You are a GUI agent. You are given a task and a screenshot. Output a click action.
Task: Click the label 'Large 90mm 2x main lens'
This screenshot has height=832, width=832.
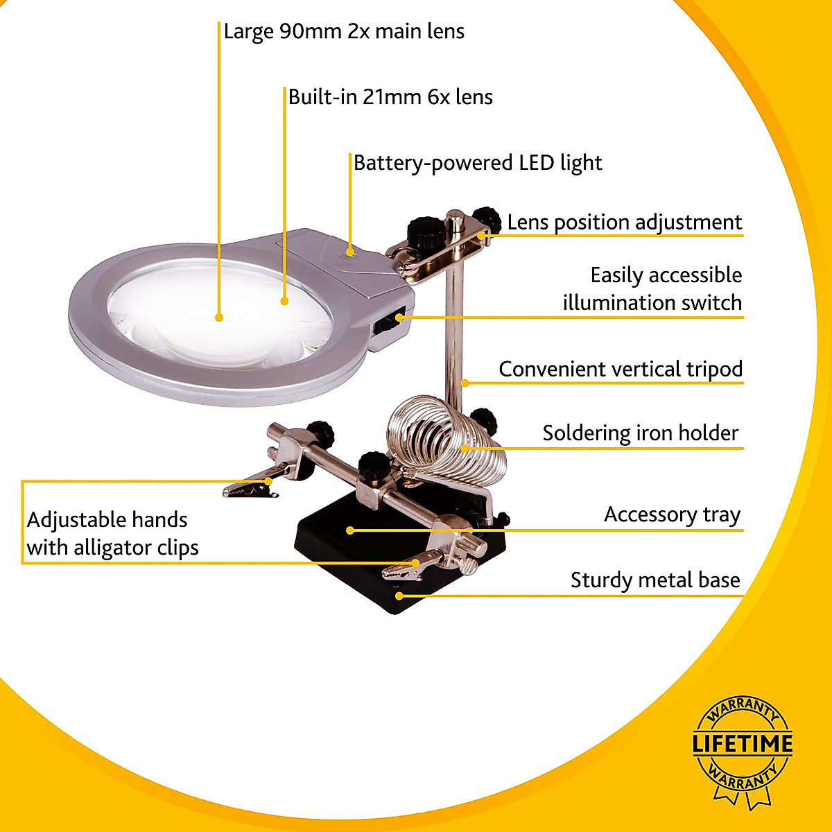click(x=344, y=32)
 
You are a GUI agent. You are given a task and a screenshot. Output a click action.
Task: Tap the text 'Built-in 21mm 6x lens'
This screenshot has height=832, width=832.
click(x=390, y=97)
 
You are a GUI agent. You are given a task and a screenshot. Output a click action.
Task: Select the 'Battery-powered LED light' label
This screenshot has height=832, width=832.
click(x=478, y=163)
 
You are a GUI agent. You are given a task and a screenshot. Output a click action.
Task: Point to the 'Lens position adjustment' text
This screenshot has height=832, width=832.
click(x=624, y=223)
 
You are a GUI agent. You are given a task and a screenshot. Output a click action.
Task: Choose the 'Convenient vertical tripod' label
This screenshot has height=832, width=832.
click(x=621, y=369)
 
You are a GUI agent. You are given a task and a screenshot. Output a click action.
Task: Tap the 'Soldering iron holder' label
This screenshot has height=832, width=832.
click(x=640, y=433)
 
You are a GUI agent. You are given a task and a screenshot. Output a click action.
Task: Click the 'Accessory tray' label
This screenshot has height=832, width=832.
click(x=672, y=514)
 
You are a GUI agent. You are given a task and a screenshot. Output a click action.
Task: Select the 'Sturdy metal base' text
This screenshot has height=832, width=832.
click(x=655, y=580)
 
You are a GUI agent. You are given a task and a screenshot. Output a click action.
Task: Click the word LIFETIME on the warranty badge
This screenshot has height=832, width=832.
click(x=743, y=745)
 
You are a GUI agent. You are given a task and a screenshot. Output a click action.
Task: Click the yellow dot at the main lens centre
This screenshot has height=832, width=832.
click(x=219, y=318)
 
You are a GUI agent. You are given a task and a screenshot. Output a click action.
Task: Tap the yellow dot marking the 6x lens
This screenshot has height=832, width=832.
click(x=284, y=301)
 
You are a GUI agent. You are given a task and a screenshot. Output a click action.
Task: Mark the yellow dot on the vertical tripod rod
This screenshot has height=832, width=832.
click(x=465, y=382)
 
